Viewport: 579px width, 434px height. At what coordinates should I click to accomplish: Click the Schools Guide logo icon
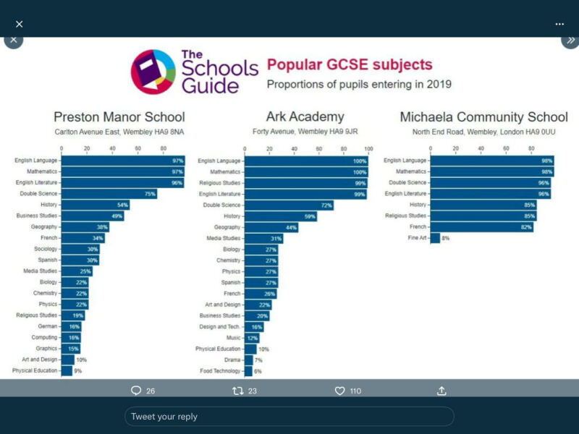pos(153,72)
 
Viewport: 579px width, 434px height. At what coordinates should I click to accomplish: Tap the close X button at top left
pos(20,24)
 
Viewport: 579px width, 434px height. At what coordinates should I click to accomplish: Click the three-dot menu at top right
pos(559,24)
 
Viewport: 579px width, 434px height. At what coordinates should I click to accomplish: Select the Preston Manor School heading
pos(119,117)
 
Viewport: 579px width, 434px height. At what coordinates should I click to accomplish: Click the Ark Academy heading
pos(305,117)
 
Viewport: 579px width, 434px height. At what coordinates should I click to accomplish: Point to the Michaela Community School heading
pos(483,117)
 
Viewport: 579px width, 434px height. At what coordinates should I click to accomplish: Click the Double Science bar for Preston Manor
pos(109,194)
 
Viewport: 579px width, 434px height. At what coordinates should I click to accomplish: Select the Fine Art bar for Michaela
pos(435,238)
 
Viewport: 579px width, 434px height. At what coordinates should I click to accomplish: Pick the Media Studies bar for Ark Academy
pos(263,238)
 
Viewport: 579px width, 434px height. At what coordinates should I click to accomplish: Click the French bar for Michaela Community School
pos(481,227)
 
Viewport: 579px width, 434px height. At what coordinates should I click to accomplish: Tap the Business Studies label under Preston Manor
pos(37,216)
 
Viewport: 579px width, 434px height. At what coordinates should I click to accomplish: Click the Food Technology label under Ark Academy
pos(220,371)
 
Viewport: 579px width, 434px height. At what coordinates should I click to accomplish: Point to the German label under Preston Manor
pos(48,326)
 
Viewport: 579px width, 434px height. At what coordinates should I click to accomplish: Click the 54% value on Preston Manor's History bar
pos(123,205)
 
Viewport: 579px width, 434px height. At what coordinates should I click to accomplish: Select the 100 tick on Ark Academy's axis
pos(368,150)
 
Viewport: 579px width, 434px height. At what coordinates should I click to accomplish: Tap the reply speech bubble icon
pos(135,391)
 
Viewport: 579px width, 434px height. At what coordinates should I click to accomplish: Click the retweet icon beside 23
pos(237,391)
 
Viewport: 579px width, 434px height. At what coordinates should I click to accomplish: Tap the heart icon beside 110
pos(339,391)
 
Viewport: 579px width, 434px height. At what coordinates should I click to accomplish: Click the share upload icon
pos(441,391)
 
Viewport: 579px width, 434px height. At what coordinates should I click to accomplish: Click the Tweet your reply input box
pos(289,417)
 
